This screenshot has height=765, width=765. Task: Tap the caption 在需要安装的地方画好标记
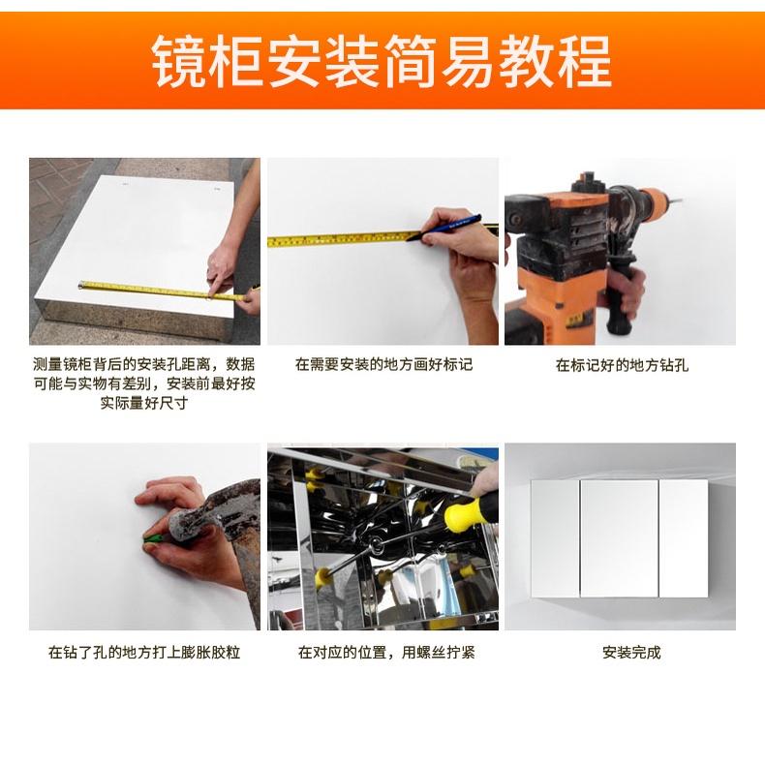point(383,364)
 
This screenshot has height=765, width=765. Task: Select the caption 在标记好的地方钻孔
point(622,365)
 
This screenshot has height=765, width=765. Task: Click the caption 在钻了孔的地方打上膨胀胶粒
point(144,653)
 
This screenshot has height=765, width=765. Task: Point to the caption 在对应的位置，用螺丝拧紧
point(386,653)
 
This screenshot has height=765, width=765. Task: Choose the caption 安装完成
point(631,653)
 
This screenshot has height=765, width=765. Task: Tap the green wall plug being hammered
point(152,538)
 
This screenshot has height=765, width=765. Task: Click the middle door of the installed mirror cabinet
point(619,538)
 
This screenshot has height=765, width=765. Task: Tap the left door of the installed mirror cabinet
point(555,538)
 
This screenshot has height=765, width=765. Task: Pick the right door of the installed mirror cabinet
point(683,538)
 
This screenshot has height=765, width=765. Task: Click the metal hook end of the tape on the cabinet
point(80,285)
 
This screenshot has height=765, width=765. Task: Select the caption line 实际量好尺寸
point(144,404)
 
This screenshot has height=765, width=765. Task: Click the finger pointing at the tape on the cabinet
point(214,287)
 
